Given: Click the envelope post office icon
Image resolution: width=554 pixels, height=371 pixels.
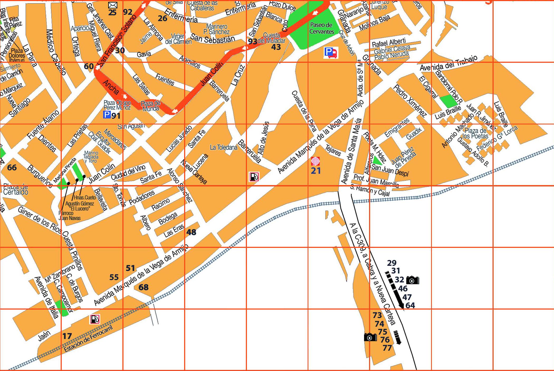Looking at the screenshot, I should pos(113,5).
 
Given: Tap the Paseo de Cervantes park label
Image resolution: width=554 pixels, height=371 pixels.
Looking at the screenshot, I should pos(321,28).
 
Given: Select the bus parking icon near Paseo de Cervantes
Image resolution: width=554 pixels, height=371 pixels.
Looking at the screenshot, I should pos(331,52).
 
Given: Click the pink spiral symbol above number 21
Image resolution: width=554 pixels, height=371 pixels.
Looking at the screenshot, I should pos(316,161).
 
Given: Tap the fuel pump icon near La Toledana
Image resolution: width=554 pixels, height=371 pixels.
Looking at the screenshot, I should pos(254,177).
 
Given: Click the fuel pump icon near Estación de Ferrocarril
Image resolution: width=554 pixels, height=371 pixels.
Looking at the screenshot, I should pos(95,319).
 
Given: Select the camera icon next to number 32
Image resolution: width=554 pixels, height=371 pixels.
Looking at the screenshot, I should pos(413,280).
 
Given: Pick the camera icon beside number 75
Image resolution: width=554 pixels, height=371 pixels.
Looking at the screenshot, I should pos(370,337).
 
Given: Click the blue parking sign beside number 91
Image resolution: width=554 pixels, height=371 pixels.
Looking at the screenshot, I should pos(107,115).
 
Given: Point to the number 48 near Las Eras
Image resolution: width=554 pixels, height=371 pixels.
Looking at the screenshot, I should pos(191,232).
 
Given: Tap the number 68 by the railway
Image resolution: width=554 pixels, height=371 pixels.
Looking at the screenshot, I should pos(144,287).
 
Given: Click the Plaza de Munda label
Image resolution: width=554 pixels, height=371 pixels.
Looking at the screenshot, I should pos(150,106).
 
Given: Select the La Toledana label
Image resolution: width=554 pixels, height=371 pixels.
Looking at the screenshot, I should pos(223,147).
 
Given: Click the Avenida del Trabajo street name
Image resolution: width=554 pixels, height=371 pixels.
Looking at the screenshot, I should pos(448,63).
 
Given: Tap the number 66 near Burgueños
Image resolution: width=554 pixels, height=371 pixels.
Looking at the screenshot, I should pos(12,167).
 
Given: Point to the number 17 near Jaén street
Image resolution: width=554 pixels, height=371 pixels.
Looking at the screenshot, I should pos(67,336).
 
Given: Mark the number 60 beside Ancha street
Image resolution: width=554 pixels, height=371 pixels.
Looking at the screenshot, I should pos(89,66).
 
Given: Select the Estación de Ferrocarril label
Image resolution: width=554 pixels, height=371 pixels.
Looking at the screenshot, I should pos(88,339).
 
